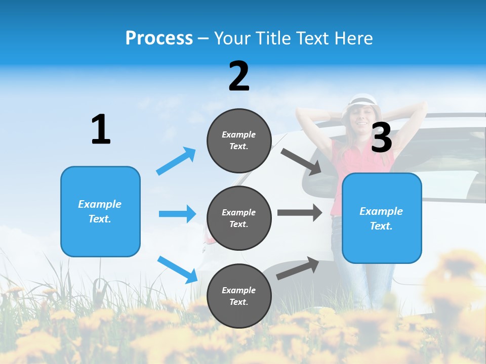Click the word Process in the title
159,38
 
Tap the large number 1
101,129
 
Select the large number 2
239,76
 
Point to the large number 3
382,138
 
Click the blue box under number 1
100,211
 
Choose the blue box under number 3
382,218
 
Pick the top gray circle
239,141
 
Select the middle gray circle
239,218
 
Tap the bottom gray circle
239,296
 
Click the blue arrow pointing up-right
176,161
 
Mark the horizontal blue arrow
177,214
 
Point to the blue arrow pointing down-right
177,269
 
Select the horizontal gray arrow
300,212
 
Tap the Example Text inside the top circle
239,141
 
